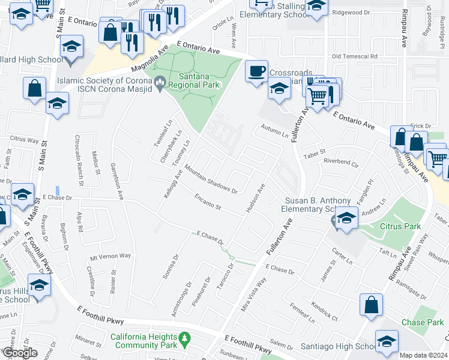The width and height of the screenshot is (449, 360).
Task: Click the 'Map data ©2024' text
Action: (x=423, y=355)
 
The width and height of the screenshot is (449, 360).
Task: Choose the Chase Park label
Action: (x=422, y=322)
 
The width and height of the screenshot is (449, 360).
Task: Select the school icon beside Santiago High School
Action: (x=387, y=341)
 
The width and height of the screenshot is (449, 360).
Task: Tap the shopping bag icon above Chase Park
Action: (x=371, y=304)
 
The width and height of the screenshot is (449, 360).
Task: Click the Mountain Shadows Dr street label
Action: (x=211, y=179)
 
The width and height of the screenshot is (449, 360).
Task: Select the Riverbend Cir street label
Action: (x=340, y=161)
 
